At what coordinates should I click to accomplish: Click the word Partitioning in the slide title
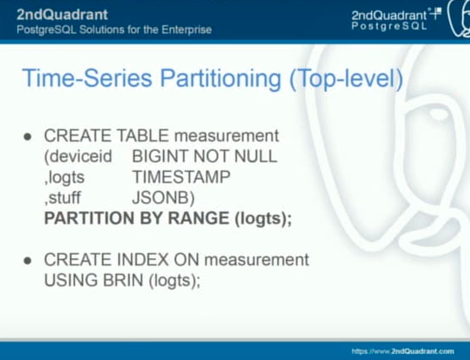(x=221, y=79)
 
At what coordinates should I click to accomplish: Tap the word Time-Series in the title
(x=87, y=78)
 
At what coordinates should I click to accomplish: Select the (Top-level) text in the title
(x=346, y=79)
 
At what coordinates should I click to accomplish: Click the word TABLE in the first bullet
(x=143, y=136)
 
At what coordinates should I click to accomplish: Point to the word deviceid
(x=78, y=156)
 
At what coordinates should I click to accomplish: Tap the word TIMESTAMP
(x=182, y=177)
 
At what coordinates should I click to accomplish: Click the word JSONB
(x=164, y=198)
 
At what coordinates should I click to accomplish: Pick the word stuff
(x=63, y=198)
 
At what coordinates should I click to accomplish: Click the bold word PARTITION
(x=89, y=218)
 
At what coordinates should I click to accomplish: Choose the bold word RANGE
(x=198, y=218)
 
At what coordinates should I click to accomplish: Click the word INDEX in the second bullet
(x=143, y=259)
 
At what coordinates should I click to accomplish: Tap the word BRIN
(x=123, y=280)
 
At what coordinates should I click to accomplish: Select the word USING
(x=70, y=280)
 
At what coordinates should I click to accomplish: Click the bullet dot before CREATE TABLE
(x=28, y=137)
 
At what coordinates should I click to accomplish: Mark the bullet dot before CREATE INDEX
(x=28, y=261)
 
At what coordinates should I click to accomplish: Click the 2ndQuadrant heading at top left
(x=62, y=15)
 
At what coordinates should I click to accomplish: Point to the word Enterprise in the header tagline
(x=187, y=30)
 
